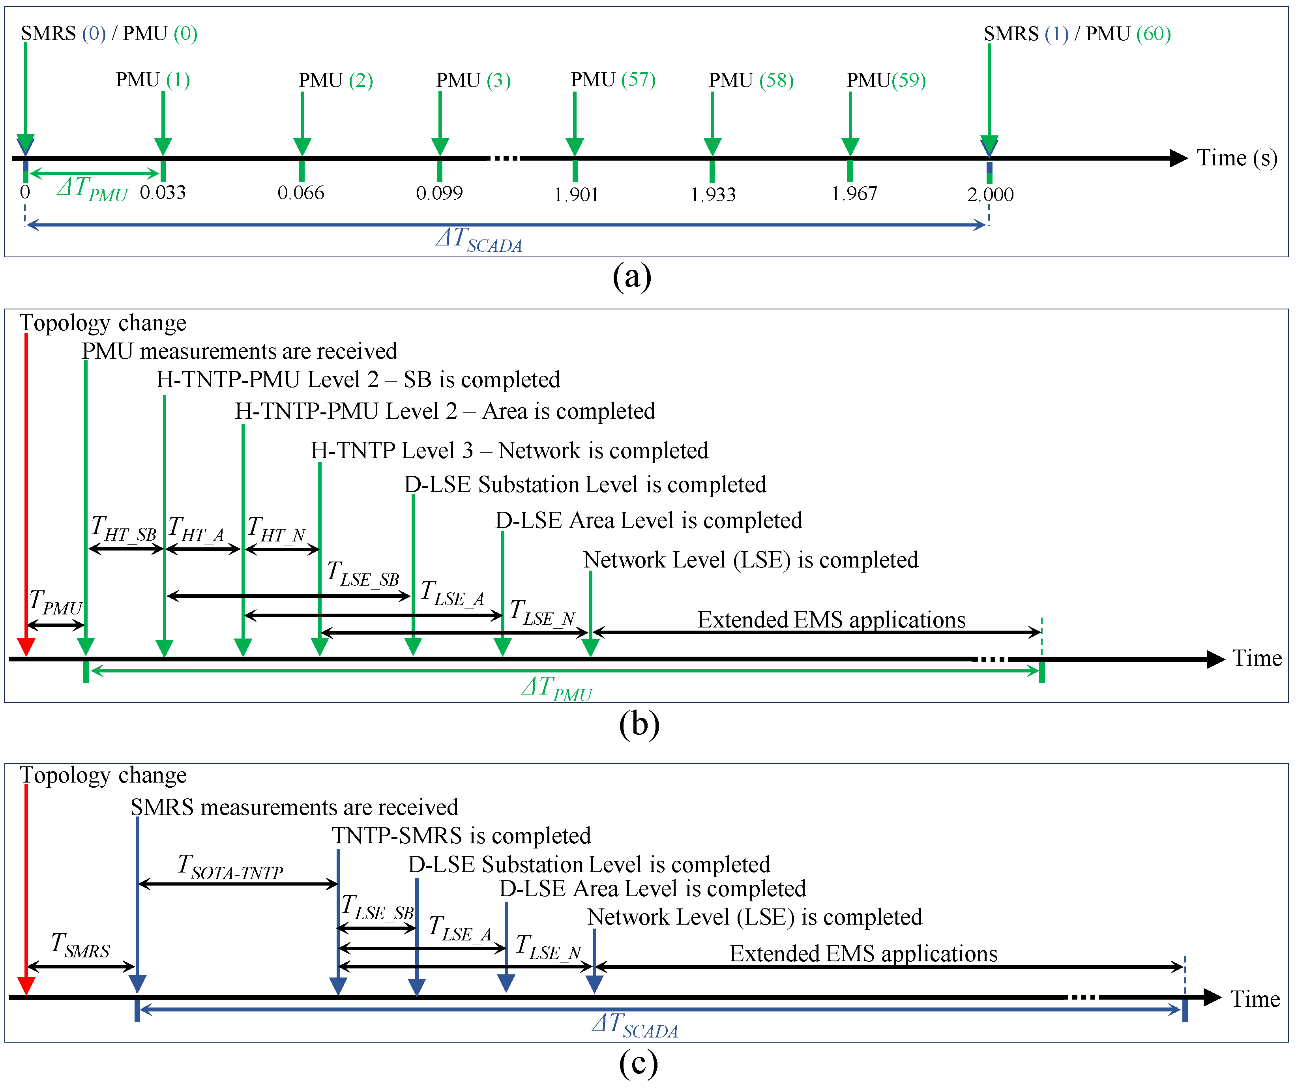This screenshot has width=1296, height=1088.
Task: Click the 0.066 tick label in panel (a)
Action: [x=301, y=193]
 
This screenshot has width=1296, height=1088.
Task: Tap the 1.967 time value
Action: [x=854, y=194]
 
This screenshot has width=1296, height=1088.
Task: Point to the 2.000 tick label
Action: [x=990, y=195]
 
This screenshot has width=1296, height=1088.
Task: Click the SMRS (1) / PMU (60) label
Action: [x=1077, y=34]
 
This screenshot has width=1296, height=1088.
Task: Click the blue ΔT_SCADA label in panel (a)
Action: [x=479, y=240]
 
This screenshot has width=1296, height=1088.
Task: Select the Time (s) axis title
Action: [x=1237, y=158]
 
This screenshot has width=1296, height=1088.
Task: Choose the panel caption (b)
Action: [x=639, y=723]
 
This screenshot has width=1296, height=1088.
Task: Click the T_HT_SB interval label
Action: [x=124, y=530]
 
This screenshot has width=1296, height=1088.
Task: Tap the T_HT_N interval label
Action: [x=277, y=530]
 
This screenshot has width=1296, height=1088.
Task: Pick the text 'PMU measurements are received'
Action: [x=240, y=351]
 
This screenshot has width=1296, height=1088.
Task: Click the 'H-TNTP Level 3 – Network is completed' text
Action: [x=509, y=451]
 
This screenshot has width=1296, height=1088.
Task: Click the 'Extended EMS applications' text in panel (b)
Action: [x=831, y=620]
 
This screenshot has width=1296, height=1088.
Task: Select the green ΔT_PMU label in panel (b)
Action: [x=556, y=689]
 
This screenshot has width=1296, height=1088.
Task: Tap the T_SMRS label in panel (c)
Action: [x=80, y=946]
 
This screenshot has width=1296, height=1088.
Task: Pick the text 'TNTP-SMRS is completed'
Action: [x=461, y=835]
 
